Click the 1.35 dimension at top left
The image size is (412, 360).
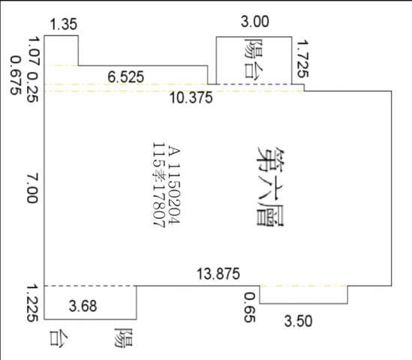pos(64,25)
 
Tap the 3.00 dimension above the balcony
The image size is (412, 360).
pos(255,22)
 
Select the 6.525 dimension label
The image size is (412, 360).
pos(126,77)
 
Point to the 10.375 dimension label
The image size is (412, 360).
pos(191,97)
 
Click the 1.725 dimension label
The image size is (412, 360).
pos(302,58)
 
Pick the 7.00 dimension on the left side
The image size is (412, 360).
pos(32,188)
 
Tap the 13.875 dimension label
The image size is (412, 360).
pos(218,274)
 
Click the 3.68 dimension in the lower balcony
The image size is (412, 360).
pos(83,306)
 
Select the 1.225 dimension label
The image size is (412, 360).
pos(32,304)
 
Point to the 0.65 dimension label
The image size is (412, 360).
pos(250,307)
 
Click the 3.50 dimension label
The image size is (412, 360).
pos(298,321)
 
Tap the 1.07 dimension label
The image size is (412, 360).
pos(34,51)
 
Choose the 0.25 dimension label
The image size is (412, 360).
pos(33,87)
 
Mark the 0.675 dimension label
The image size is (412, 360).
pos(16,75)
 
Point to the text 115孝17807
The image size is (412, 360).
pos(158,185)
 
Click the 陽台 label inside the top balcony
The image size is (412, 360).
pos(254,58)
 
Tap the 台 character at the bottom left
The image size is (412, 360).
pos(59,338)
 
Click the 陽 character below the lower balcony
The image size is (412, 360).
pos(124,337)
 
